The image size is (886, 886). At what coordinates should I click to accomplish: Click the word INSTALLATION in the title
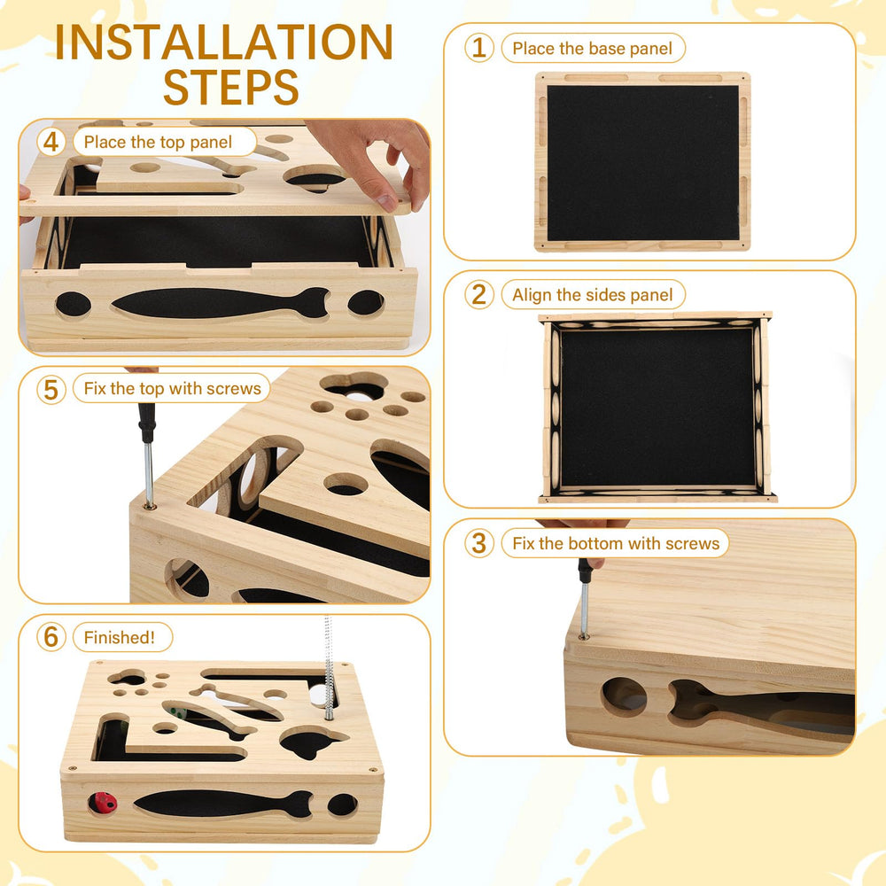224,42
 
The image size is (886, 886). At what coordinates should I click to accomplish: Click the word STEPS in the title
230,87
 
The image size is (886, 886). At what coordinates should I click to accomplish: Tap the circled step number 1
479,48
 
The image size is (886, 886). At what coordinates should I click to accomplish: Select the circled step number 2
479,294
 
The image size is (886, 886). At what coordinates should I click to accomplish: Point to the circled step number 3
479,543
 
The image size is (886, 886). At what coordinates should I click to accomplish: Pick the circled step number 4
51,142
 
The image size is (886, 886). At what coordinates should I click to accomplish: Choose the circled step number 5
51,389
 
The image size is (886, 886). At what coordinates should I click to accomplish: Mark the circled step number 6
51,637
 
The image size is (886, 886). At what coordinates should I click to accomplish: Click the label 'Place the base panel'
592,49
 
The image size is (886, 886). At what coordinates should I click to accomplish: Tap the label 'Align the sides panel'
592,295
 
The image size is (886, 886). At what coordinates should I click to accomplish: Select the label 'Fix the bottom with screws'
616,544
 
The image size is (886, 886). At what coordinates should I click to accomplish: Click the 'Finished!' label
120,637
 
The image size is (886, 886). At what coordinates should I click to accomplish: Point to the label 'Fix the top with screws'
173,389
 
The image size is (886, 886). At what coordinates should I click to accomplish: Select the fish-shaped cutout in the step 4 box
221,303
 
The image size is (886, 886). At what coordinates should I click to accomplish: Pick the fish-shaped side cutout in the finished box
223,804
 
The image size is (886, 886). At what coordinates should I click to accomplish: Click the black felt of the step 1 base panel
643,163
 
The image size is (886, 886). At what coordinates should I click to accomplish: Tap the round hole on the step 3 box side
624,696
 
